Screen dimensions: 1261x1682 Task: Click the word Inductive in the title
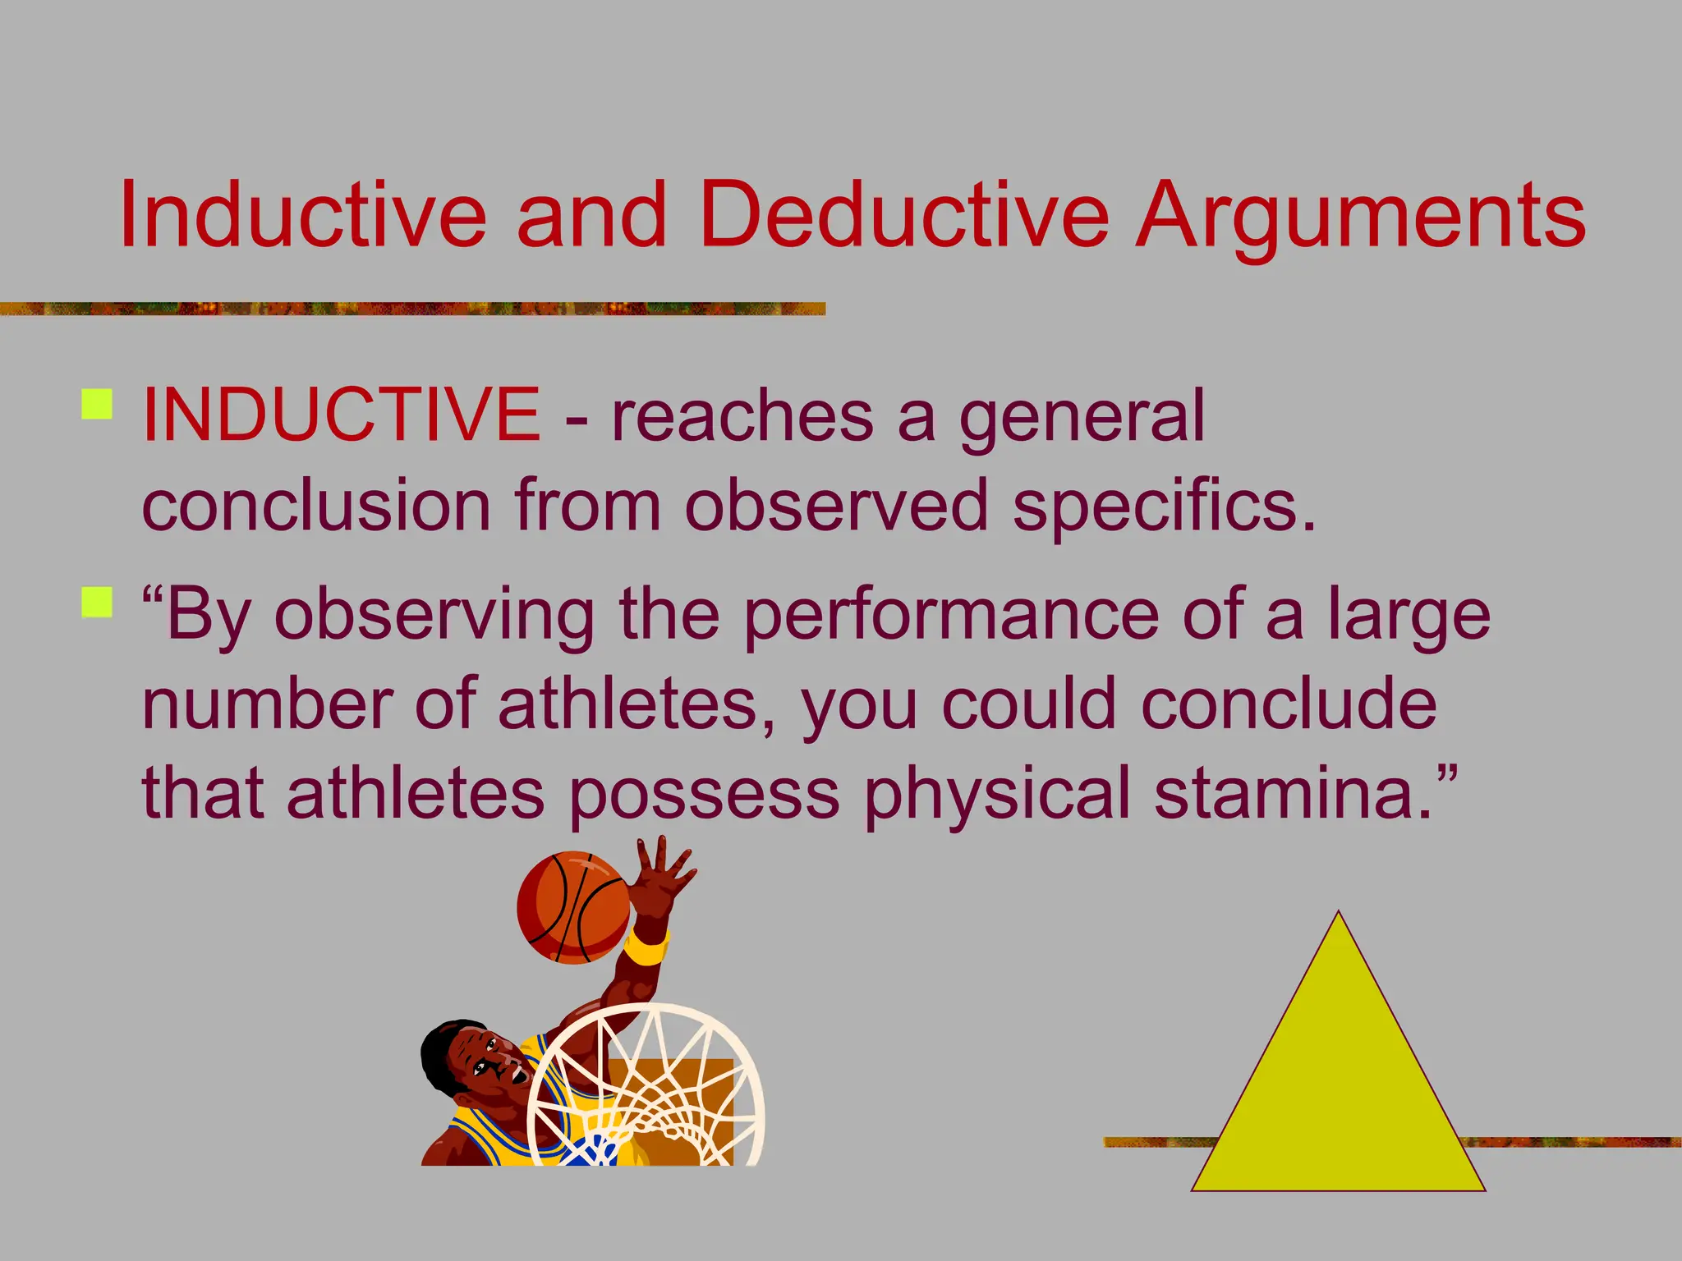point(302,215)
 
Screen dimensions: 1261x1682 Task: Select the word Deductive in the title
point(903,215)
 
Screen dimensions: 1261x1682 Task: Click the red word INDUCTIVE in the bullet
point(341,415)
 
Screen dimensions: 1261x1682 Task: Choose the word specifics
point(1164,507)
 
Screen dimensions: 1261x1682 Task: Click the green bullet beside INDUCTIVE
point(98,405)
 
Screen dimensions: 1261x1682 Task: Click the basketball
point(572,906)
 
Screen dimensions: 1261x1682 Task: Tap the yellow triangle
point(1339,1084)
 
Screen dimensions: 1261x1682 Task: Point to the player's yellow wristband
point(646,949)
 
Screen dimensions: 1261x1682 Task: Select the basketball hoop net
point(649,1092)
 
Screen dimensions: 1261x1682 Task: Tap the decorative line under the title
point(411,309)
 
